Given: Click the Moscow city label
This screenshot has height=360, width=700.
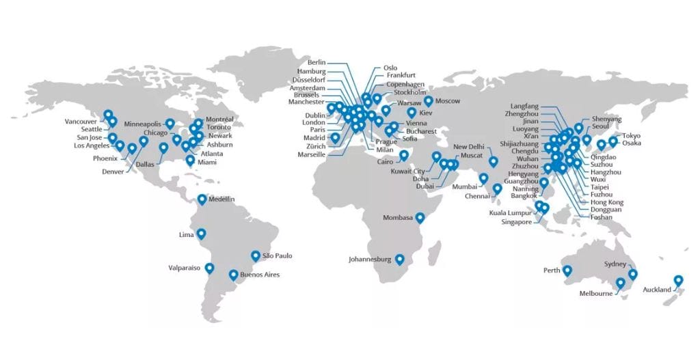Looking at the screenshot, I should [x=447, y=101].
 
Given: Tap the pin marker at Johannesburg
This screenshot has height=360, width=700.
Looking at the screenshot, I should [x=399, y=260].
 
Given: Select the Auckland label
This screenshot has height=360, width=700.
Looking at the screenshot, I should [x=656, y=290].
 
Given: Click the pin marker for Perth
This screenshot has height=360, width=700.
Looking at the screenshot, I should [x=567, y=271].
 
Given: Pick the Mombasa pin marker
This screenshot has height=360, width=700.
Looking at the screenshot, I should [x=420, y=218].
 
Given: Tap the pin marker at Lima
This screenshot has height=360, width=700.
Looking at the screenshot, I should [x=201, y=234].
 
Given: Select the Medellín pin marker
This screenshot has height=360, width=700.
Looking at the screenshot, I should [x=202, y=199].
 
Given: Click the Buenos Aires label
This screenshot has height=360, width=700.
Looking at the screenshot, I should [x=260, y=275].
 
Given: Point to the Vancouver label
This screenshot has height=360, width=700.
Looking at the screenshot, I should [x=81, y=122].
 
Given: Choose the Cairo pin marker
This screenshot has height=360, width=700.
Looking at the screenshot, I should [x=404, y=156].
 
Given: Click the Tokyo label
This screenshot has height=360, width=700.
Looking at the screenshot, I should [x=631, y=135].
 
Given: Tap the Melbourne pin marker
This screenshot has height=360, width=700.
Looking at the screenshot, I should [x=620, y=283].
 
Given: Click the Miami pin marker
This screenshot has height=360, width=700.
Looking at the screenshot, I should [x=189, y=161].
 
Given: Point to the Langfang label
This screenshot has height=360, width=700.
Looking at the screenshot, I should [x=524, y=106].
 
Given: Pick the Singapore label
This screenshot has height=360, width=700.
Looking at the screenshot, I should [x=516, y=222].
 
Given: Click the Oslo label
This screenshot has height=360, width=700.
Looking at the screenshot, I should [x=390, y=68].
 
